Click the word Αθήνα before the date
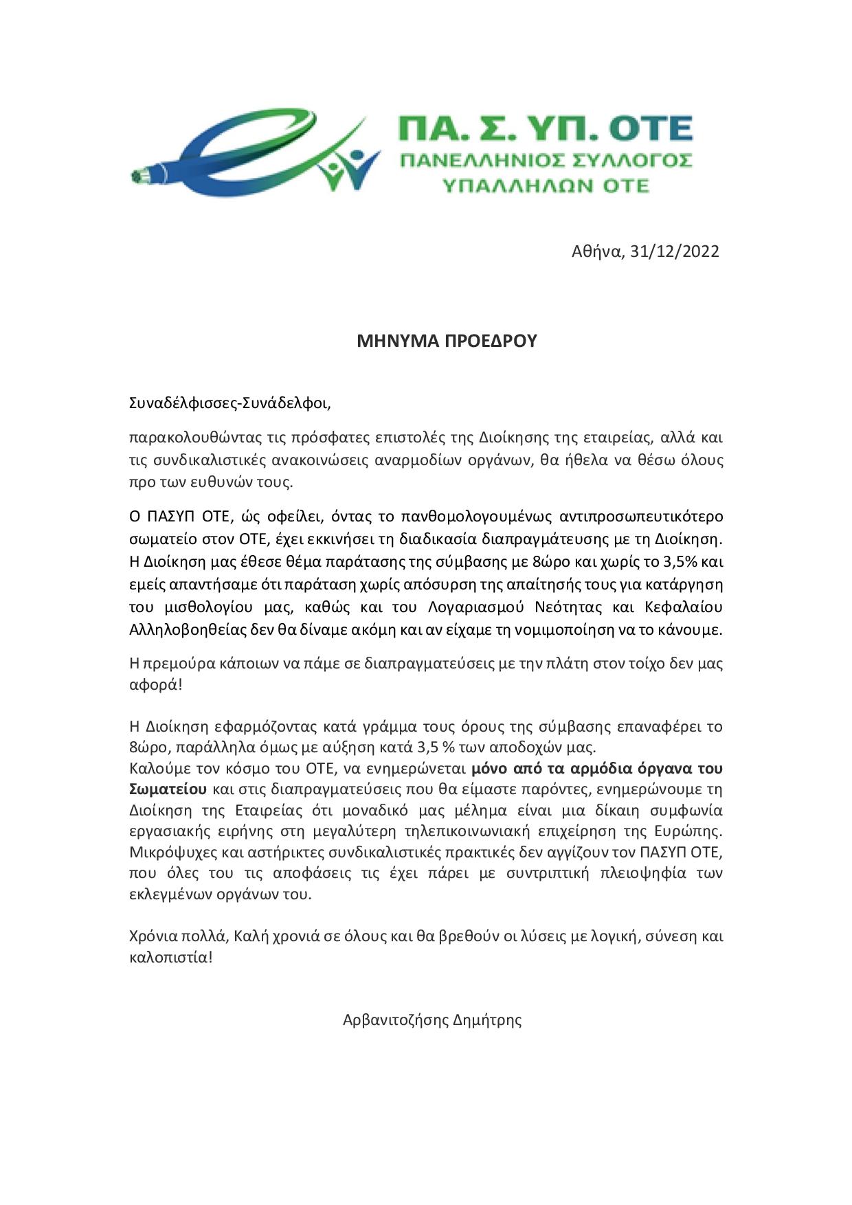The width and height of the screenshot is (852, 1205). point(597,251)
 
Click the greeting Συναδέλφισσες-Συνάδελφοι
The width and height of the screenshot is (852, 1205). point(230,403)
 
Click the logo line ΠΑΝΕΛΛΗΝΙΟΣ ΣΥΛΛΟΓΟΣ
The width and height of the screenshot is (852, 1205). point(546,161)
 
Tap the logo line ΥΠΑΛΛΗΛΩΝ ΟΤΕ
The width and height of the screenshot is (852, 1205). point(546,185)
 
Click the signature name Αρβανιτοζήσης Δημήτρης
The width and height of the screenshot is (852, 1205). point(432,1020)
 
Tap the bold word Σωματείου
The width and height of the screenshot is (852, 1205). point(168,789)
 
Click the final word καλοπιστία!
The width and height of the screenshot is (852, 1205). point(171,957)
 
